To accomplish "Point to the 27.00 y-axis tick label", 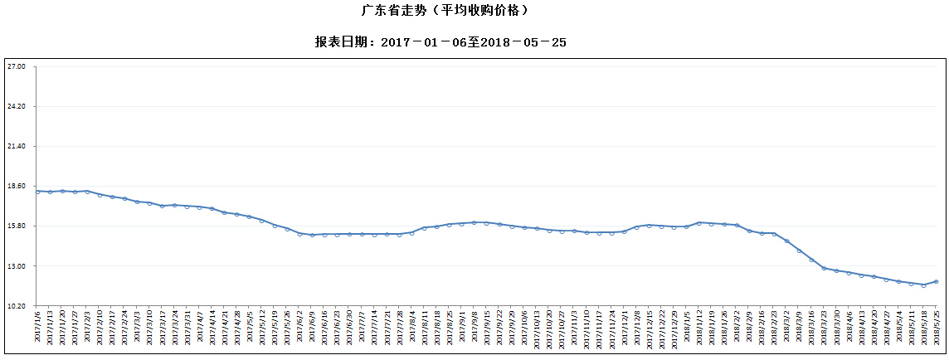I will pos(17,66).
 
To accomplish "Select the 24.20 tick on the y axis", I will pos(17,106).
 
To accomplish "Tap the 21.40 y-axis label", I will pos(17,146).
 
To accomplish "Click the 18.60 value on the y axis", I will pos(17,187).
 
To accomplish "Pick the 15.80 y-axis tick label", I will pos(17,226).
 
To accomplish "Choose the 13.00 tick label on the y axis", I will pos(17,266).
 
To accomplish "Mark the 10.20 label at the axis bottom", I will pos(17,306).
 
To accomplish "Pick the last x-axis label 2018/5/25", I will pos(937,328).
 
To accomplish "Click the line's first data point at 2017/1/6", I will pos(37,192).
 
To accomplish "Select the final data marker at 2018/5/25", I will pos(937,282).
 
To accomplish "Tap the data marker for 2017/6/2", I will pos(299,234).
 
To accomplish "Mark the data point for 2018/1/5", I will pos(687,226).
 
